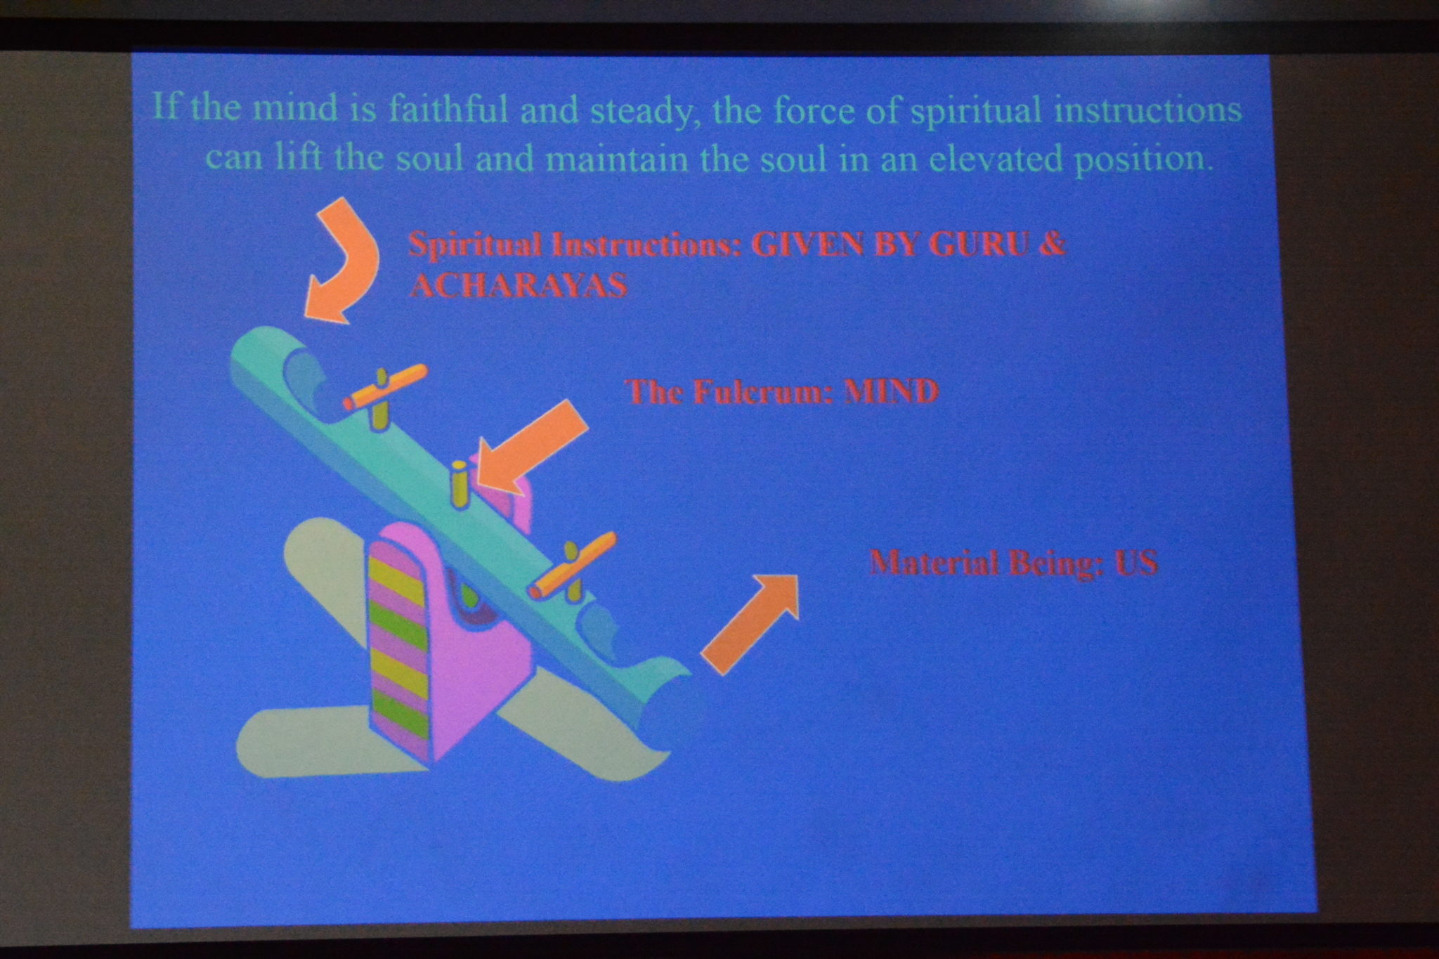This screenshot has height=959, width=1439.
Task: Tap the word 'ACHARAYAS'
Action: coord(519,285)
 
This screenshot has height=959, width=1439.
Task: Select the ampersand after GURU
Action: coord(1052,244)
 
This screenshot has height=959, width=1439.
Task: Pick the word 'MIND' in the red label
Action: coord(890,391)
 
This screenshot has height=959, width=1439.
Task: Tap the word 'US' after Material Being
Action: coord(1135,563)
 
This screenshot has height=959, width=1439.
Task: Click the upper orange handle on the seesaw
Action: coord(385,387)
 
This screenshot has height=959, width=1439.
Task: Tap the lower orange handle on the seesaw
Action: coord(573,565)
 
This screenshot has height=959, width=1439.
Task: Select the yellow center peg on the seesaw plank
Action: coord(459,484)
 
